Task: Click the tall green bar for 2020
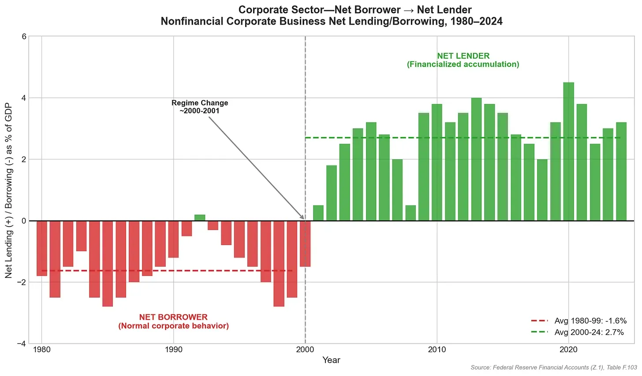568,152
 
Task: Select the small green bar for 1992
200,218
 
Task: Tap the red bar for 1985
108,263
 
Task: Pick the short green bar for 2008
411,213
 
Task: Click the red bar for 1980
42,248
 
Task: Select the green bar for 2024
621,171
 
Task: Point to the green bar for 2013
476,159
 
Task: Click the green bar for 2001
318,213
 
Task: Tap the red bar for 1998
279,263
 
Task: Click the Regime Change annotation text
200,107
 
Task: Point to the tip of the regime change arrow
304,219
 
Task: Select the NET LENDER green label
463,60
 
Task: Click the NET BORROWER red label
173,321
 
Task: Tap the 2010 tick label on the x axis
437,350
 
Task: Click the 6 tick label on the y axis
24,37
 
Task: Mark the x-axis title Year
331,360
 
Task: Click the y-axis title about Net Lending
8,190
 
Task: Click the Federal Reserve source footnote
553,367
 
